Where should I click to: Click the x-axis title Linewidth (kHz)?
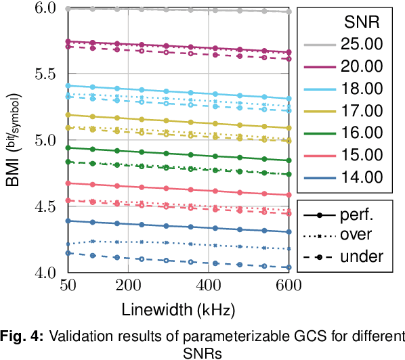click(178, 311)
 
